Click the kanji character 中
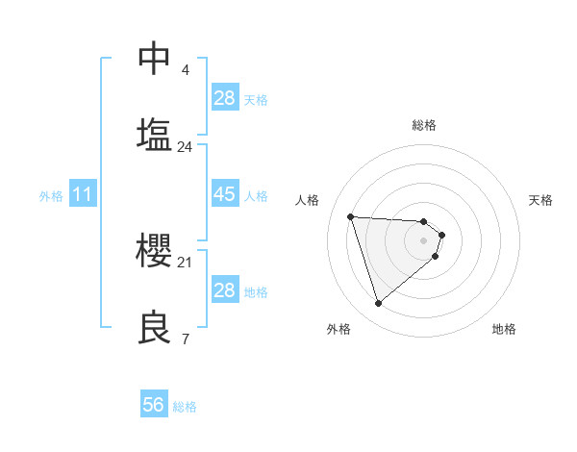click(x=155, y=58)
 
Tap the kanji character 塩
click(x=155, y=134)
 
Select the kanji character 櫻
click(x=155, y=250)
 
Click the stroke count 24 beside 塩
click(x=186, y=147)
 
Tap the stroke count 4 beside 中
click(x=186, y=70)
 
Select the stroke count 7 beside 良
click(x=186, y=339)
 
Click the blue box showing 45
click(x=224, y=194)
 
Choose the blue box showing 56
click(x=154, y=406)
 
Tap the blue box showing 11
click(x=83, y=195)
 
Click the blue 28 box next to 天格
click(x=224, y=98)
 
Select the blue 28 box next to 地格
click(x=224, y=290)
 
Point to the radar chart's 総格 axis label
click(x=424, y=125)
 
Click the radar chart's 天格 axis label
click(x=540, y=200)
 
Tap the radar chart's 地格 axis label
click(x=504, y=329)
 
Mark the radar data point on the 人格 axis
click(x=351, y=216)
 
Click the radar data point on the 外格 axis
click(x=379, y=304)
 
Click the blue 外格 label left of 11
click(x=51, y=196)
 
